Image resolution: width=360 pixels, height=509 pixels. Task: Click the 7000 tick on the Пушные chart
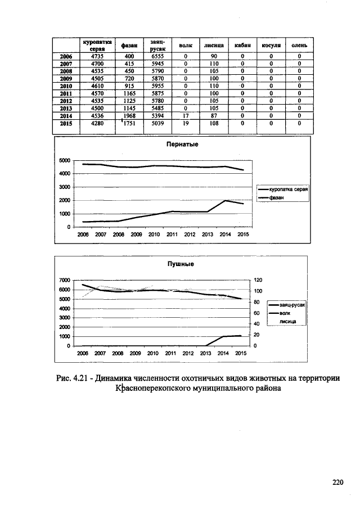pyautogui.click(x=64, y=280)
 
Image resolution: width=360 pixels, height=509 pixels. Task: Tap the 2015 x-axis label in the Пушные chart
pyautogui.click(x=240, y=353)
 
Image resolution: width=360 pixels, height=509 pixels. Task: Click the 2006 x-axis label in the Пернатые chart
pyautogui.click(x=83, y=234)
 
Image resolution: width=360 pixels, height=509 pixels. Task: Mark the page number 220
pyautogui.click(x=337, y=482)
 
